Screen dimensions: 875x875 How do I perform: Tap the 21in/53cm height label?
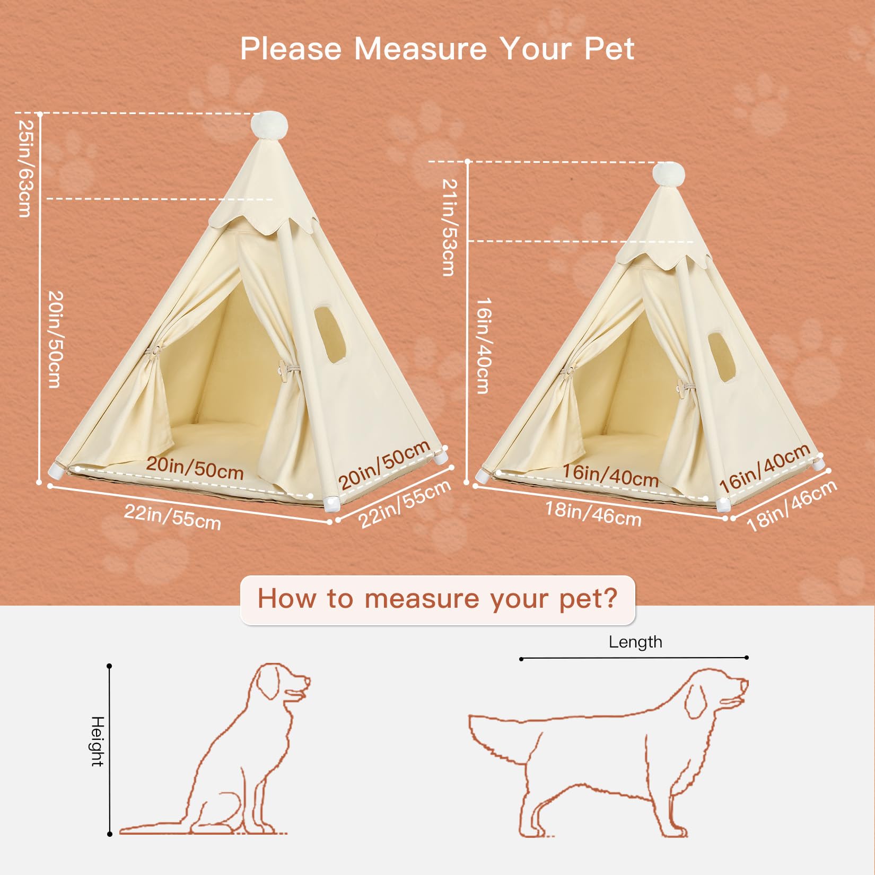point(449,227)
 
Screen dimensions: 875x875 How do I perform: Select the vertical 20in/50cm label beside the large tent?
point(56,339)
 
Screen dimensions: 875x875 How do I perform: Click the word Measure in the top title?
point(420,49)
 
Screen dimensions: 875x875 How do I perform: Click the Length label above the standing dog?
point(635,642)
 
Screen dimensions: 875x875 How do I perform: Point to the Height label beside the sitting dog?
point(98,741)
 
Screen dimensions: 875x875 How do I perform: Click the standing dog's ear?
point(695,700)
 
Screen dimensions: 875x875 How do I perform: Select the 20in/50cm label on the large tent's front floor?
point(195,468)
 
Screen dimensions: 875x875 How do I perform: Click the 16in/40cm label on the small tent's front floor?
point(610,475)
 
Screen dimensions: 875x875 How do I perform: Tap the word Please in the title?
point(291,49)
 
